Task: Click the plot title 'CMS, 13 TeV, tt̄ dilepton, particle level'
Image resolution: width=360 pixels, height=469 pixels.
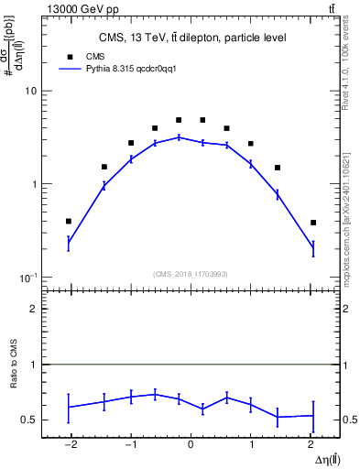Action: pos(191,38)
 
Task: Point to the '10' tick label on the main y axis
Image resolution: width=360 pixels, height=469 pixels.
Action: pos(30,92)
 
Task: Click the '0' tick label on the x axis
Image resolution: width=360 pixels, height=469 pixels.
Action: pos(191,445)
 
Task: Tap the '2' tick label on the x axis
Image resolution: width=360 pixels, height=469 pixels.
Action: pos(312,445)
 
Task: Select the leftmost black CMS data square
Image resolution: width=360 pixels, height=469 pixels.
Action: pos(69,221)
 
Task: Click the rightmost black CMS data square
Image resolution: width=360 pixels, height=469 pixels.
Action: pos(313,223)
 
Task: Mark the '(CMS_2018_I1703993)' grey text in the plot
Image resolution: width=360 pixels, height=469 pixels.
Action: pos(191,274)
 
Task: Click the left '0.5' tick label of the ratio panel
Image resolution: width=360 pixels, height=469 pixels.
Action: pos(29,420)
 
